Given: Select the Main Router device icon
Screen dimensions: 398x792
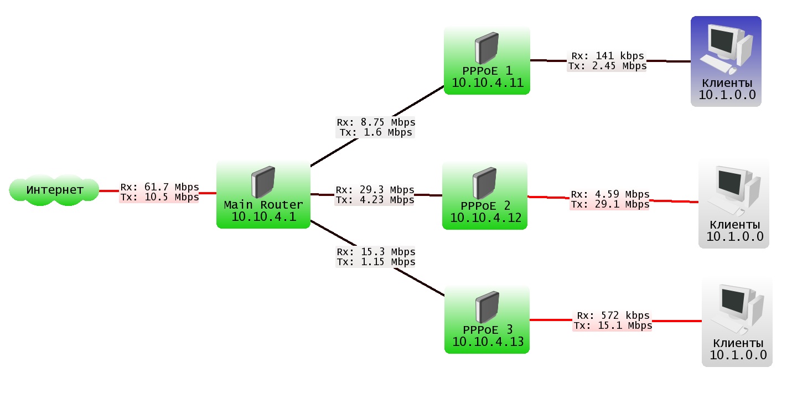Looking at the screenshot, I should coord(263,182).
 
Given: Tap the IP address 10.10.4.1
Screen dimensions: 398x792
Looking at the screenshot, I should coord(263,216).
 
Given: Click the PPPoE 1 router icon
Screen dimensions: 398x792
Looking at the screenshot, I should coord(486,48).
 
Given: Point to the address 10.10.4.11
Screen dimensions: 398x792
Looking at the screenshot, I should coord(487,83).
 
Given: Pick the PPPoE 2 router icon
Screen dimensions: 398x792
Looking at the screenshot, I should coord(485,183).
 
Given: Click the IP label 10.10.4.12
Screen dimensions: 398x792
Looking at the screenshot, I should coord(485,218).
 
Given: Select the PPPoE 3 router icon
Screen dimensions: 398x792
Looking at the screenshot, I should coord(487,307).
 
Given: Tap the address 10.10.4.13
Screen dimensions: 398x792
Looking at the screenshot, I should coord(488,342).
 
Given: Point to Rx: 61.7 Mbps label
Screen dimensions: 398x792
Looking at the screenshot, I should coord(159,187).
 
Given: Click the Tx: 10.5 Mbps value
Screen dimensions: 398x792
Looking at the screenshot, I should coord(159,197).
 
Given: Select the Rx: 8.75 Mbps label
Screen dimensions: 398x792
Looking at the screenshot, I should coord(376,122).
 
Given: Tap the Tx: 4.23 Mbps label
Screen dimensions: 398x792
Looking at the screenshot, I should coord(374,200).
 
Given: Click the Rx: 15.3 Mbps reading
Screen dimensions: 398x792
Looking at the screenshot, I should coord(376,252).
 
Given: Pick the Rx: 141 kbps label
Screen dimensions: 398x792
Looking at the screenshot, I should coord(607,56).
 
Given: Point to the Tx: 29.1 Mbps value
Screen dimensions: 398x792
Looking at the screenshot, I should coord(609,204).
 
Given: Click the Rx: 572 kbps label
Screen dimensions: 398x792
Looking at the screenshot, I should coord(613,316).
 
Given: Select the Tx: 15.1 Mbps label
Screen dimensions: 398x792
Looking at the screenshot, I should coord(613,325).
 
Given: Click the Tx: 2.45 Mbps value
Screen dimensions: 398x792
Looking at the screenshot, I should coord(607,66).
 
